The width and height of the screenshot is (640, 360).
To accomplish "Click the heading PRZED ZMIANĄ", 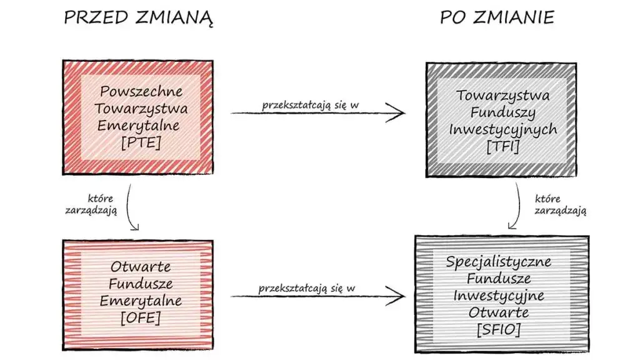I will [139, 17].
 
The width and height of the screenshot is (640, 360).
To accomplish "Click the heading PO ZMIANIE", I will [497, 17].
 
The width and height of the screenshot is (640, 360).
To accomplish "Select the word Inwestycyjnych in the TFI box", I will [502, 130].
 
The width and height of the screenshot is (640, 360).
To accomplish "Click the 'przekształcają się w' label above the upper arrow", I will [311, 104].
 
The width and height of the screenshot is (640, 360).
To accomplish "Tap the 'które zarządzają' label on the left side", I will [91, 204].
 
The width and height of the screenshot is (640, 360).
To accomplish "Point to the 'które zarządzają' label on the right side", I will [560, 204].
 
